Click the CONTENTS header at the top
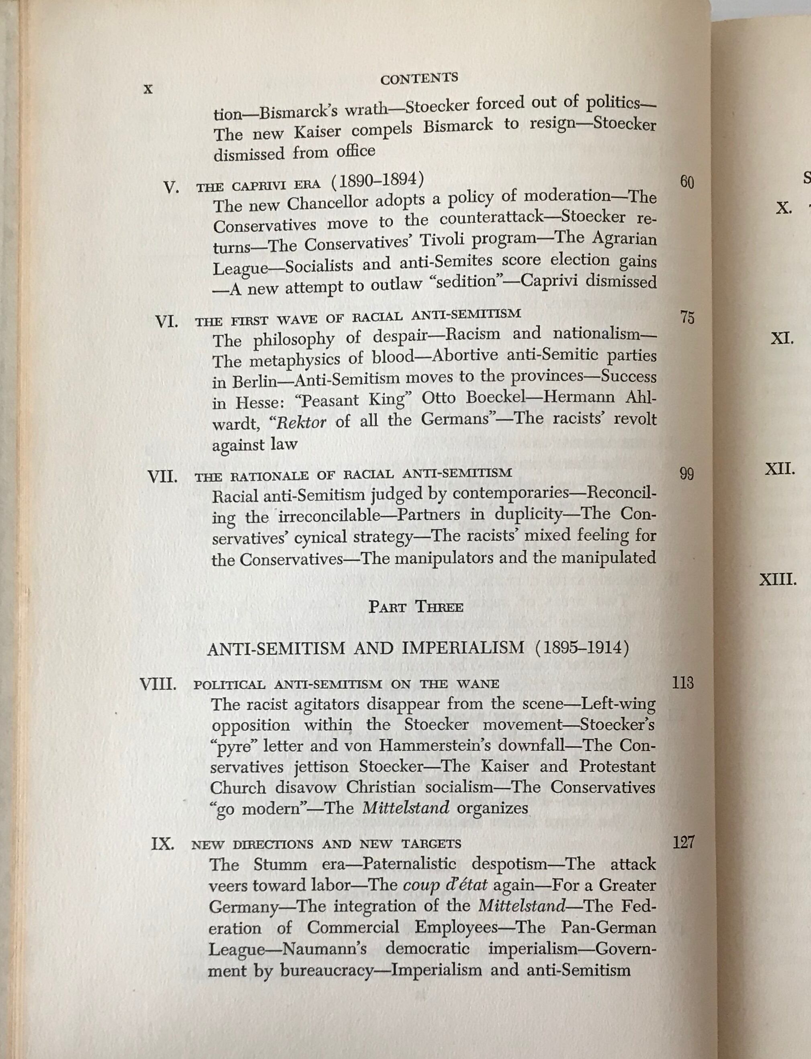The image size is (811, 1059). click(419, 78)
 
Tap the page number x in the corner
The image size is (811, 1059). click(148, 89)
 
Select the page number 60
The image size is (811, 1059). click(686, 182)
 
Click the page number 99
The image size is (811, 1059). click(686, 474)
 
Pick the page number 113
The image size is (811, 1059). click(683, 683)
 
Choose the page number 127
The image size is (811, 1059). click(683, 843)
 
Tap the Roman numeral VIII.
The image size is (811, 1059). click(157, 685)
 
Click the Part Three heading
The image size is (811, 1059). click(416, 607)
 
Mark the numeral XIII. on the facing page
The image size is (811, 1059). click(778, 579)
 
